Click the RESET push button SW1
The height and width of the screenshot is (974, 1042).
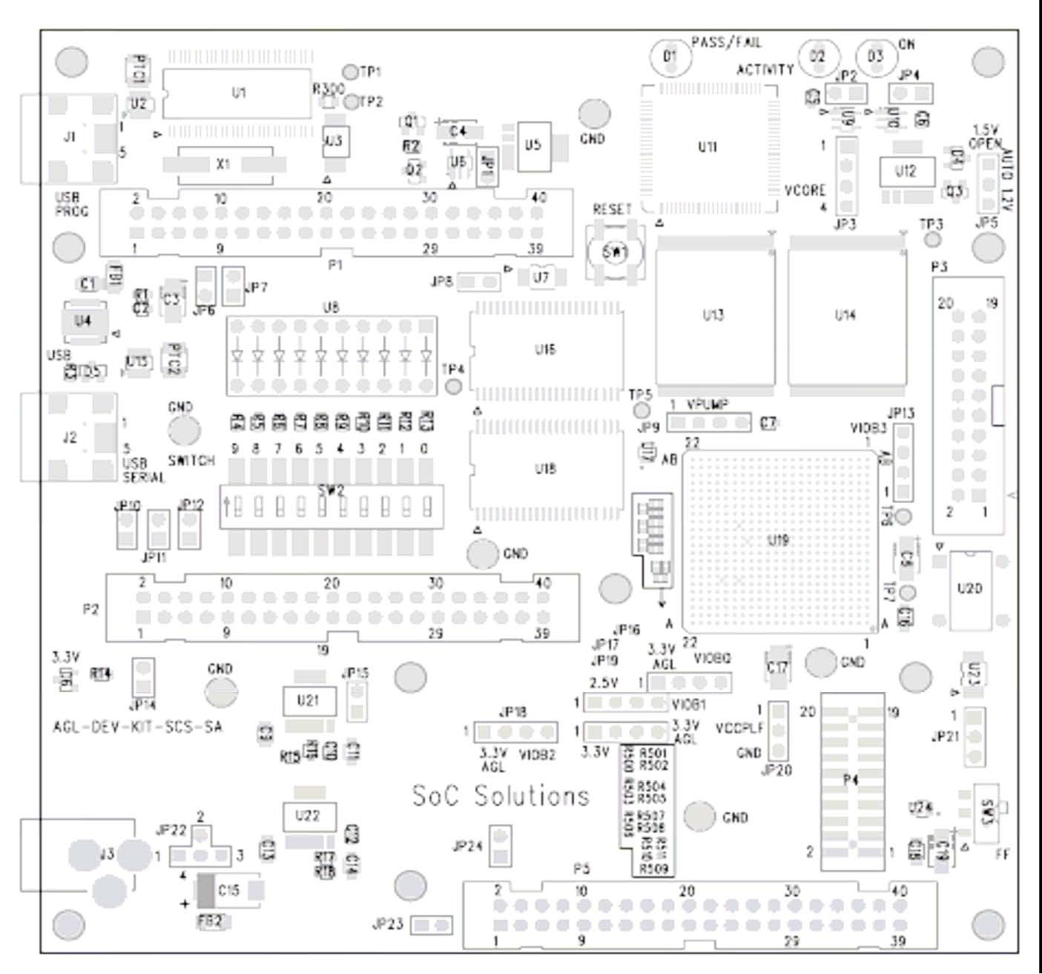pyautogui.click(x=615, y=253)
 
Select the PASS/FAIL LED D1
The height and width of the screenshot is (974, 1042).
pyautogui.click(x=670, y=56)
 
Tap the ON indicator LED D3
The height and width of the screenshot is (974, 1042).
pyautogui.click(x=875, y=57)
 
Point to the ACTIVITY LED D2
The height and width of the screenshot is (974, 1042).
pyautogui.click(x=817, y=57)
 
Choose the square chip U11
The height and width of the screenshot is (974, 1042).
pyautogui.click(x=708, y=148)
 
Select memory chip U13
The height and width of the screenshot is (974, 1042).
pyautogui.click(x=713, y=316)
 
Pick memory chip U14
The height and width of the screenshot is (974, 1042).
pyautogui.click(x=845, y=316)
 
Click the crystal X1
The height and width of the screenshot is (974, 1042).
pyautogui.click(x=222, y=164)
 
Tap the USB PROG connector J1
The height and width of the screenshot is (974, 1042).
pyautogui.click(x=70, y=138)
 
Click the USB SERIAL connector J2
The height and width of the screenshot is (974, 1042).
pyautogui.click(x=70, y=438)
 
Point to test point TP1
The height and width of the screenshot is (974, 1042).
pyautogui.click(x=352, y=72)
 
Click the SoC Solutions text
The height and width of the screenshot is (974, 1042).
pyautogui.click(x=501, y=796)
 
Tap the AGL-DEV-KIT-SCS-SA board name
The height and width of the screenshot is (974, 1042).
pyautogui.click(x=137, y=726)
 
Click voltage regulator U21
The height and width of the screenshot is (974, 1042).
pyautogui.click(x=308, y=700)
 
